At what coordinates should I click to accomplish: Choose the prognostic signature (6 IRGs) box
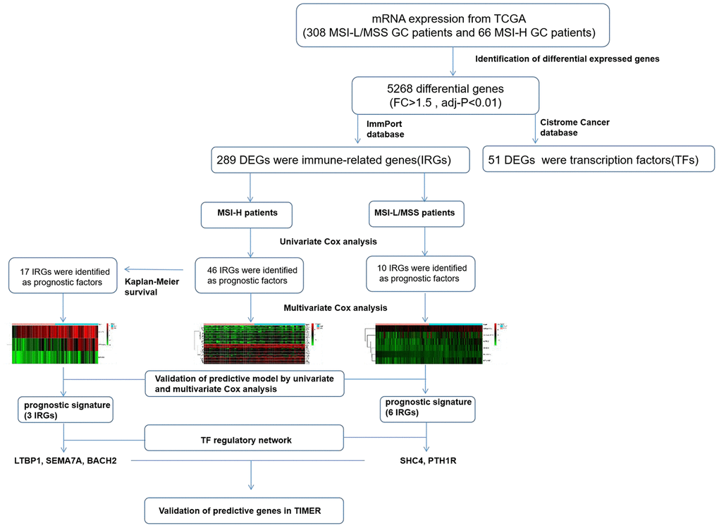[425, 410]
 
